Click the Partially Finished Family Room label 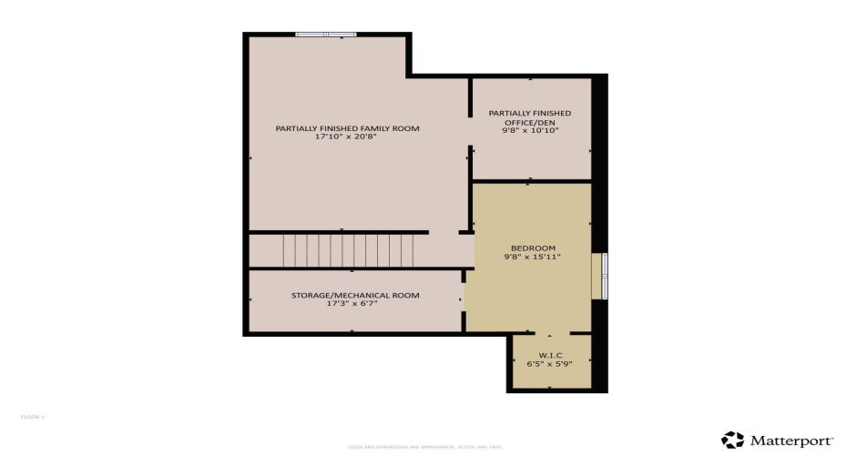(x=347, y=128)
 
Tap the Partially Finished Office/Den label (x=530, y=117)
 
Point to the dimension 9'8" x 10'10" (x=530, y=131)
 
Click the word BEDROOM (x=533, y=248)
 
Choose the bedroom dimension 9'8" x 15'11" (x=533, y=258)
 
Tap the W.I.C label (x=549, y=355)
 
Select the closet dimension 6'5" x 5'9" (x=549, y=364)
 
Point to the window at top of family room (x=325, y=35)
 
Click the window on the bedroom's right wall (x=600, y=276)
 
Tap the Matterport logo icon (x=732, y=440)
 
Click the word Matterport (x=791, y=440)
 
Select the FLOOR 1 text (x=33, y=417)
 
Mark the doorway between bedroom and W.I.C (x=549, y=334)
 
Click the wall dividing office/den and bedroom (x=531, y=181)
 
